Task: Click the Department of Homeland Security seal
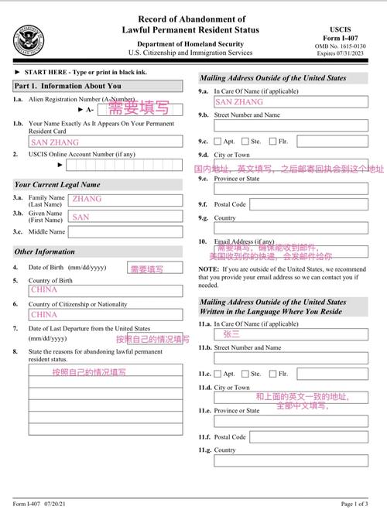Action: pos(28,39)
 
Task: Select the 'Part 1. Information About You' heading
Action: pos(67,86)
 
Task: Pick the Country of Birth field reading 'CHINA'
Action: pos(105,289)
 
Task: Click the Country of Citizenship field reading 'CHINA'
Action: pos(105,315)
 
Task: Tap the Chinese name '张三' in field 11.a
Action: pos(231,334)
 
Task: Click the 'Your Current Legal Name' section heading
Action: pos(57,185)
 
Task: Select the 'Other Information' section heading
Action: pos(45,251)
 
